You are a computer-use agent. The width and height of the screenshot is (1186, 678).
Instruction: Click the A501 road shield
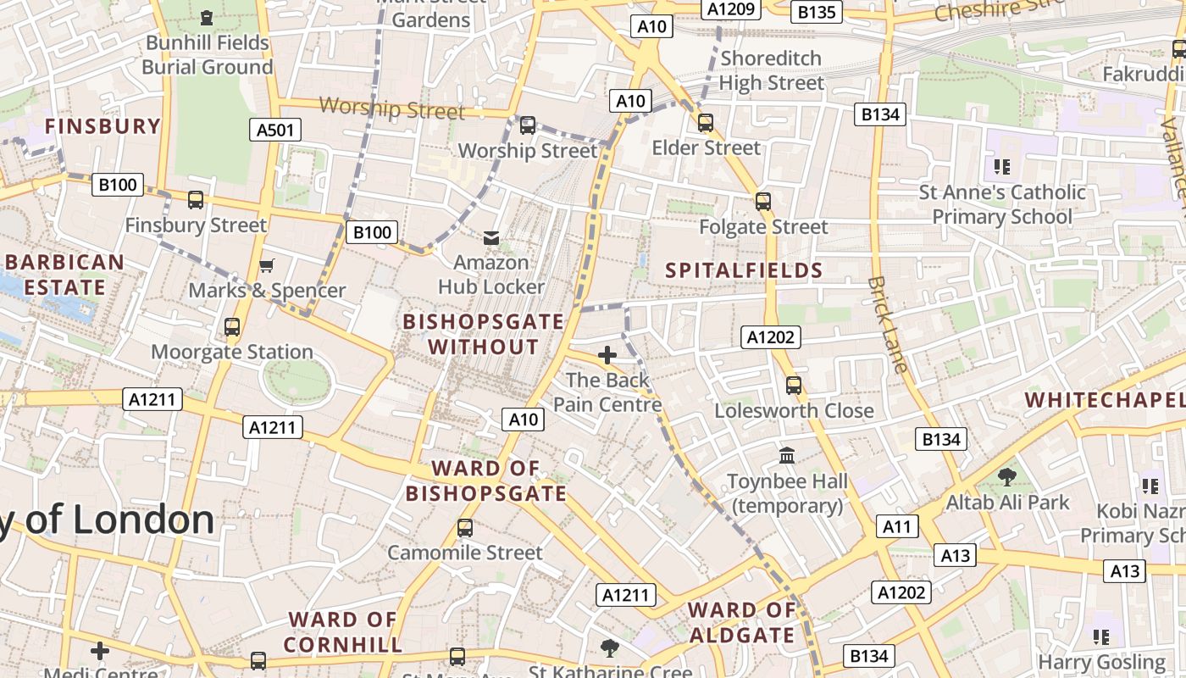pyautogui.click(x=276, y=130)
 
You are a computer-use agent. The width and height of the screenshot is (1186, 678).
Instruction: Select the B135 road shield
pyautogui.click(x=817, y=12)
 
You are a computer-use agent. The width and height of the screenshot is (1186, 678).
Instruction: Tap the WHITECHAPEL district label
pyautogui.click(x=1104, y=400)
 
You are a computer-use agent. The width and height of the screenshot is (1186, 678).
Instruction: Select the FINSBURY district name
pyautogui.click(x=103, y=126)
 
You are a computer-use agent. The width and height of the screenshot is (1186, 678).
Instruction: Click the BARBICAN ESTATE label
pyautogui.click(x=64, y=275)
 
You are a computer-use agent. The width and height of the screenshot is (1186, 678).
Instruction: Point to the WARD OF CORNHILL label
pyautogui.click(x=343, y=632)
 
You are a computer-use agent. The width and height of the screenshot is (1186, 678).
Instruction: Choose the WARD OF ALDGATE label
pyautogui.click(x=742, y=623)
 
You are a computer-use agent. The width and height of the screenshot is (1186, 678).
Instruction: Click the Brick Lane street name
pyautogui.click(x=888, y=324)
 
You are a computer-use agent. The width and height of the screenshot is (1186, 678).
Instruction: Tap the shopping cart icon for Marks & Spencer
pyautogui.click(x=267, y=266)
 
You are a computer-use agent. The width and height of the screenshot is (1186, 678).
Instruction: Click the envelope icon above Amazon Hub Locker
pyautogui.click(x=490, y=237)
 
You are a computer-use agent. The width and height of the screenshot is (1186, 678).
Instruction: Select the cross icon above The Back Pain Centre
pyautogui.click(x=607, y=355)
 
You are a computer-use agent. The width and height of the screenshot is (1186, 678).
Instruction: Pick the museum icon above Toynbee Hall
pyautogui.click(x=787, y=456)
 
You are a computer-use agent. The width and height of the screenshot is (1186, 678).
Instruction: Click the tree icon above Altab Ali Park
pyautogui.click(x=1006, y=477)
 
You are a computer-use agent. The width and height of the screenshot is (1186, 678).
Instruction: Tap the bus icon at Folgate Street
pyautogui.click(x=763, y=201)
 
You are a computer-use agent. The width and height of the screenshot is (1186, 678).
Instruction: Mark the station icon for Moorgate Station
pyautogui.click(x=232, y=326)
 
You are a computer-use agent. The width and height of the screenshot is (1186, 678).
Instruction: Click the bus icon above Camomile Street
pyautogui.click(x=464, y=528)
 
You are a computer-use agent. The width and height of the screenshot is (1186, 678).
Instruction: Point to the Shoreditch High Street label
pyautogui.click(x=771, y=70)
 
